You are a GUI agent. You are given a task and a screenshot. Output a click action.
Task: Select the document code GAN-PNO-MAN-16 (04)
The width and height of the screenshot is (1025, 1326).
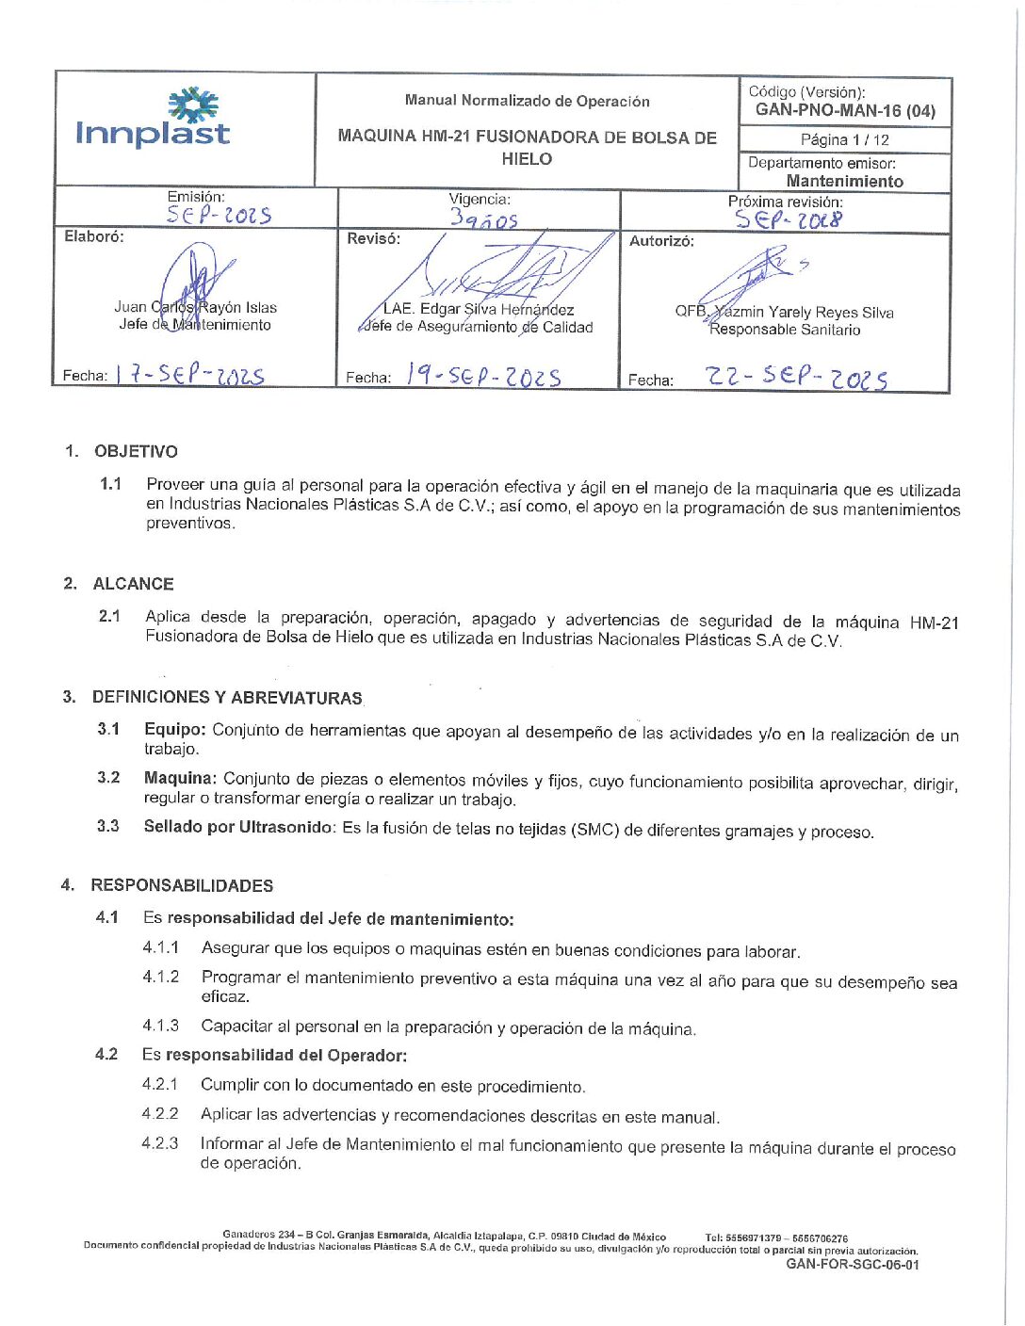[x=845, y=110]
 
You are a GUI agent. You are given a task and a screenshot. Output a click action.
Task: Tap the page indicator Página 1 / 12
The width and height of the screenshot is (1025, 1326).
[x=844, y=139]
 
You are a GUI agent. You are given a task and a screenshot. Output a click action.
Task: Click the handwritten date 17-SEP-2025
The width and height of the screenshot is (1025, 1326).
[x=189, y=374]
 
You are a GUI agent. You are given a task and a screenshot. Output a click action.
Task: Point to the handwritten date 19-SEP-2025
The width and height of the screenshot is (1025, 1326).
[x=483, y=376]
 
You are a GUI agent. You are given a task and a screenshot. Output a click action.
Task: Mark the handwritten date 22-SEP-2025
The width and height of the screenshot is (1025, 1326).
[x=796, y=377]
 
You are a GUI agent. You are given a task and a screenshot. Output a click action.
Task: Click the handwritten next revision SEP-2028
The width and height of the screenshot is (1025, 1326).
[x=789, y=220]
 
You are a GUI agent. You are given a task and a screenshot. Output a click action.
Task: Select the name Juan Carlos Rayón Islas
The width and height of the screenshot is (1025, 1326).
[x=195, y=307]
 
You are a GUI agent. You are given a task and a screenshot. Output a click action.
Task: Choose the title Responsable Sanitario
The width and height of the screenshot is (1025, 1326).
[x=785, y=330]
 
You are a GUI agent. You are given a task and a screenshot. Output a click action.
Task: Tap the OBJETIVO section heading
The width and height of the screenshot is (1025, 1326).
[x=136, y=451]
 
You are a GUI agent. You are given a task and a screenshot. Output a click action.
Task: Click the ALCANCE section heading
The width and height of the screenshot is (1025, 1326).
[x=133, y=584]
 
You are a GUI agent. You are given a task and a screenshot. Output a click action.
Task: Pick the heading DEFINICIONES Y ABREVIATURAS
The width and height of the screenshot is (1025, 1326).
[x=227, y=698]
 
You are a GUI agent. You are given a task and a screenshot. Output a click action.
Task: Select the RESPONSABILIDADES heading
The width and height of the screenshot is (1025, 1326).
[x=182, y=885]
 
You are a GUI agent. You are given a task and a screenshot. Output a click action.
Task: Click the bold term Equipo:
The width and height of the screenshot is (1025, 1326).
[x=174, y=729]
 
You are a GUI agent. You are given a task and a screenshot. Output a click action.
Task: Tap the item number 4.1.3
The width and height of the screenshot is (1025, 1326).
[x=160, y=1026]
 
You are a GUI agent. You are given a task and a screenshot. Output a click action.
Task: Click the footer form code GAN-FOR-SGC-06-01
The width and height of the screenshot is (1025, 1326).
[x=852, y=1265]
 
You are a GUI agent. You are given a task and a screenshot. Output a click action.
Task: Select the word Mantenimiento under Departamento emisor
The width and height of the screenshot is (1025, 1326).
[x=844, y=181]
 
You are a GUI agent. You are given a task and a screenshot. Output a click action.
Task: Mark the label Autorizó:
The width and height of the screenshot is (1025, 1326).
[x=661, y=241]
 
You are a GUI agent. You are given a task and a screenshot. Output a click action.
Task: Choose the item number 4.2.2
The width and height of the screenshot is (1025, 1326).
[x=160, y=1113]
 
